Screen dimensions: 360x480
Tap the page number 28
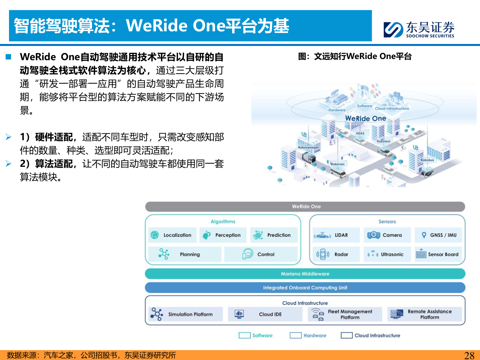(469, 355)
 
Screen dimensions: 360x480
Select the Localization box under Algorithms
(172, 235)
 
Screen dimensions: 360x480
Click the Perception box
(223, 235)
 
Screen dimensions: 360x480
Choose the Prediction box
(274, 235)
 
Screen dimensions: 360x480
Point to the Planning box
(185, 254)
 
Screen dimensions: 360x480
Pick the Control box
(261, 254)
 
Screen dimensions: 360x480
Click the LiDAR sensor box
(336, 235)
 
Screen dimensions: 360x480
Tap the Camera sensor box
(387, 235)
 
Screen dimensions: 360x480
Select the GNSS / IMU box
(438, 235)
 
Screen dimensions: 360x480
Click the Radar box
(336, 254)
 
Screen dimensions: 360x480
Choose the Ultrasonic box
(387, 254)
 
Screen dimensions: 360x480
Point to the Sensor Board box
(438, 254)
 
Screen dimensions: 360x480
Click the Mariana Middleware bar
(305, 274)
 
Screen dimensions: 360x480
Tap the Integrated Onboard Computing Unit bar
(305, 288)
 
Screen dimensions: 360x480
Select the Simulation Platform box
(185, 314)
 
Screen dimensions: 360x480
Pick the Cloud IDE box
(265, 314)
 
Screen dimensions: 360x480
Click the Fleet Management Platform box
(345, 314)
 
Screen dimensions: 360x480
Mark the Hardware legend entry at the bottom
(308, 335)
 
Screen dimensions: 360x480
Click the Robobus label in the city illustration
(427, 160)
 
